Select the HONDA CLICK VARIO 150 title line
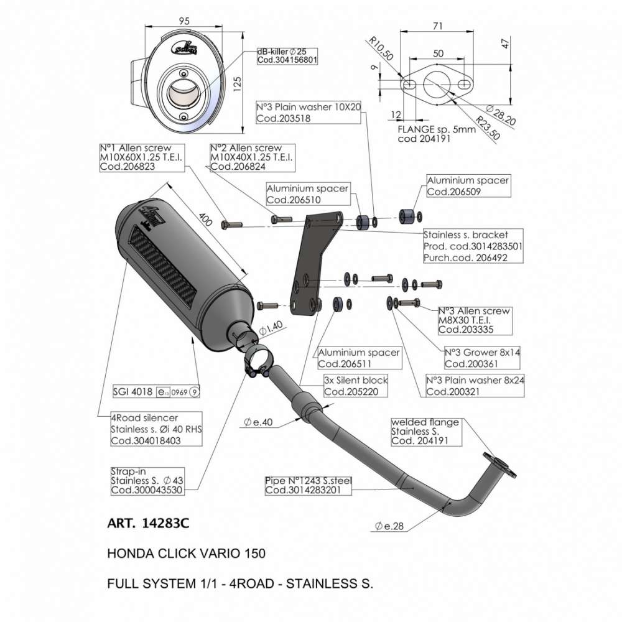[187, 552]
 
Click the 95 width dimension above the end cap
[184, 21]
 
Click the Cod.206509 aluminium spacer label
[468, 186]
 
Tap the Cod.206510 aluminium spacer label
[307, 194]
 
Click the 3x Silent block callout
[356, 386]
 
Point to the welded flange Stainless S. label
[426, 431]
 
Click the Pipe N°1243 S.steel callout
[309, 485]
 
